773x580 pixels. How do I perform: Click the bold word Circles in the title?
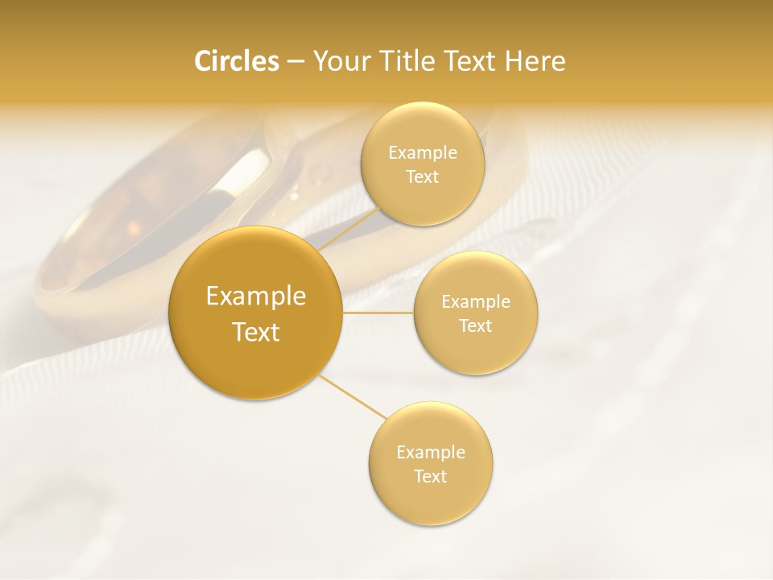tap(236, 61)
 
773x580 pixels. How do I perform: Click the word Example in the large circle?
tap(255, 296)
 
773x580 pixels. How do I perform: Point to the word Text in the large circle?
tap(255, 332)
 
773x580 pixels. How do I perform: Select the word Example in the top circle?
tap(422, 153)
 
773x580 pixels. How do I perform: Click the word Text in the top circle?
tap(422, 177)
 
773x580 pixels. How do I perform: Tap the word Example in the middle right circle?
tap(476, 302)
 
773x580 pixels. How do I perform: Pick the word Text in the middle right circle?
tap(476, 326)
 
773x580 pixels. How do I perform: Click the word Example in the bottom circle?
tap(431, 453)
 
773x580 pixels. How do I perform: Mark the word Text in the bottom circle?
tap(431, 477)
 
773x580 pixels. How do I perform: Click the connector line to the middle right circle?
tap(378, 313)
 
